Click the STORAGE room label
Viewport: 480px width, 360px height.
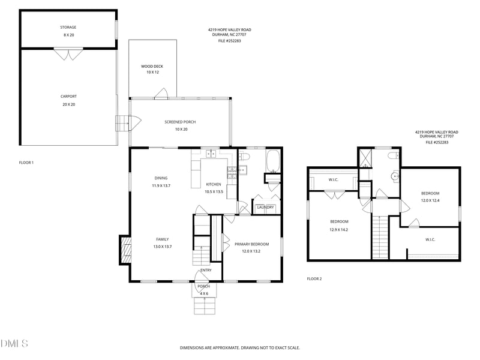tap(68, 27)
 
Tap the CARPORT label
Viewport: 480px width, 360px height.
tap(68, 96)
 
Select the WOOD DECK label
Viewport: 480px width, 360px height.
tap(152, 66)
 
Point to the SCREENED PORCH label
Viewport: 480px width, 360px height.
tap(180, 122)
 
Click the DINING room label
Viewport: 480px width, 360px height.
tap(161, 178)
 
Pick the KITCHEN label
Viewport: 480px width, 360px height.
tap(214, 184)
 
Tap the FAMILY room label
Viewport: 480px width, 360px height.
tap(163, 239)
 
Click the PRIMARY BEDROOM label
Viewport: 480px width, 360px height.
tap(251, 244)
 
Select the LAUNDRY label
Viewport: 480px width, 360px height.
tap(266, 208)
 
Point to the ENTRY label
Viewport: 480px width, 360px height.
tap(206, 270)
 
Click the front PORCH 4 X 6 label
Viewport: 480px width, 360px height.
tap(203, 287)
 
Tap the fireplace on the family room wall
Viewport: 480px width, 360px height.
tap(126, 248)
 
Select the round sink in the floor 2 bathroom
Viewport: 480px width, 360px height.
tap(394, 177)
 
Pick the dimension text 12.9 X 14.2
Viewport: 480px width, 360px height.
tap(339, 230)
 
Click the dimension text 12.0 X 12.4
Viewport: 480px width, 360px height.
tap(430, 200)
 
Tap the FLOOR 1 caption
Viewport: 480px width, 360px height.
tap(26, 163)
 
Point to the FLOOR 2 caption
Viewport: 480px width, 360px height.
tap(314, 279)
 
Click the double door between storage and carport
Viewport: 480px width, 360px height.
tap(68, 54)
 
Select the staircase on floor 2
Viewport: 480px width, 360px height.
tap(380, 237)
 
